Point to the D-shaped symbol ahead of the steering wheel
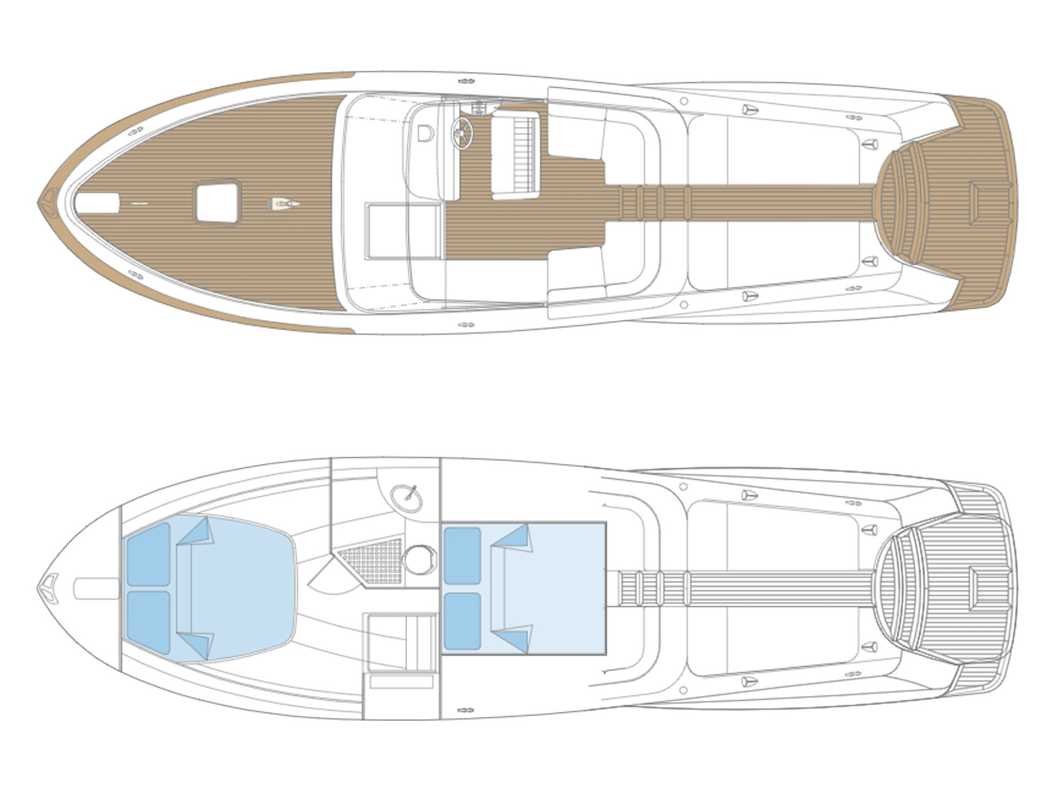(426, 133)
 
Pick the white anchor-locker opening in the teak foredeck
(97, 203)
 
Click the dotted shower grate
(375, 561)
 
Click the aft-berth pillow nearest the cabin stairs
(462, 621)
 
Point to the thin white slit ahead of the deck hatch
(139, 204)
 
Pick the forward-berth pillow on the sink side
(149, 553)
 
